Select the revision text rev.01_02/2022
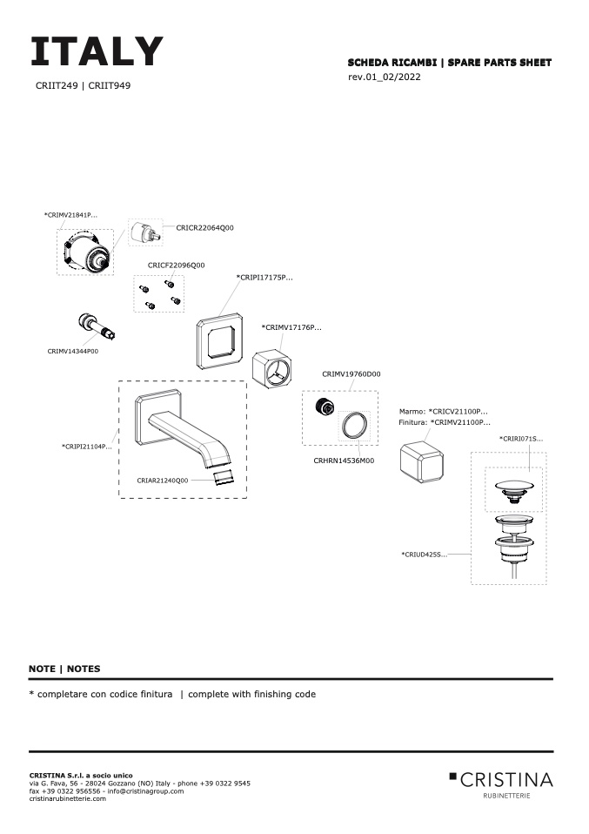(x=385, y=77)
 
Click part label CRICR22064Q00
(x=204, y=227)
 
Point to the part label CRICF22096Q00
(x=176, y=265)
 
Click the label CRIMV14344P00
(x=73, y=351)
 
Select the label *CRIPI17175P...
(x=264, y=278)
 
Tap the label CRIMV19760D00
(x=351, y=373)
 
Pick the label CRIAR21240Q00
(x=162, y=480)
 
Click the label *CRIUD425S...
(x=424, y=555)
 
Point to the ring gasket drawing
(x=353, y=427)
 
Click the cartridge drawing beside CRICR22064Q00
(x=142, y=234)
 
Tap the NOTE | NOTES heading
(x=64, y=669)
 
